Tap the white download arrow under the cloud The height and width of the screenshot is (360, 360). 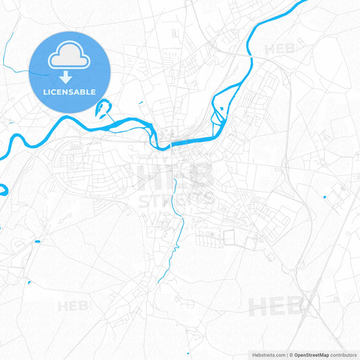[70, 78]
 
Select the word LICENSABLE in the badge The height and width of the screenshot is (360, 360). [70, 92]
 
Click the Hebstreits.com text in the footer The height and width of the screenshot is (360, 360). [268, 355]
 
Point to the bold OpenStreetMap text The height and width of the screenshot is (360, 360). [311, 355]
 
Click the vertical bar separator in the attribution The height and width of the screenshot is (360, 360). [286, 355]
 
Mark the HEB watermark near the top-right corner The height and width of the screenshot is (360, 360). [280, 49]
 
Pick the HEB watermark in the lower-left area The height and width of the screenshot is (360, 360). [73, 306]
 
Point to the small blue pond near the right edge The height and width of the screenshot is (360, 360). [325, 197]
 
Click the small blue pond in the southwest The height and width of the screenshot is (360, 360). [36, 241]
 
